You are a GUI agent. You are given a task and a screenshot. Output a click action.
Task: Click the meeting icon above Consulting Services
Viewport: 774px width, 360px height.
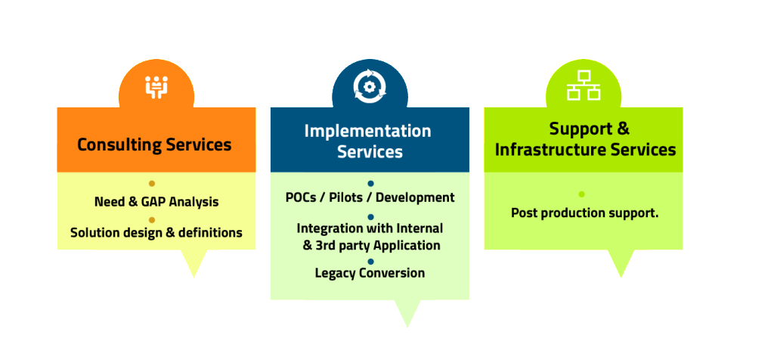[x=156, y=87]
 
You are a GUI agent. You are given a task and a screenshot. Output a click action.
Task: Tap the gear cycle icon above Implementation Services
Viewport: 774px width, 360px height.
[x=370, y=86]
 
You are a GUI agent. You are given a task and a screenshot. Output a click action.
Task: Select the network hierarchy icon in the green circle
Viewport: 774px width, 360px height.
[x=584, y=85]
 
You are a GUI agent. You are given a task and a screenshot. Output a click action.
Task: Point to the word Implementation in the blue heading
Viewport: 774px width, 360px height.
[x=368, y=131]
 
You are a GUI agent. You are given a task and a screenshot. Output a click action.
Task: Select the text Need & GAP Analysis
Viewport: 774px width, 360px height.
[x=156, y=202]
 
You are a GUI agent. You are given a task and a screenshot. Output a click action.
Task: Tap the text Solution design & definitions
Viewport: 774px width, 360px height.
[x=156, y=232]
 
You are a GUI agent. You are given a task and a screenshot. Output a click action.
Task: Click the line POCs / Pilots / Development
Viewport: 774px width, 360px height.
[x=370, y=197]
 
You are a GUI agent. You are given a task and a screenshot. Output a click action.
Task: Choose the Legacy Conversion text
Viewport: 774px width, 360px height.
[x=370, y=272]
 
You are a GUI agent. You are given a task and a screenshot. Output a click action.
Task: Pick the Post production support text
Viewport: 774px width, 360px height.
[x=585, y=213]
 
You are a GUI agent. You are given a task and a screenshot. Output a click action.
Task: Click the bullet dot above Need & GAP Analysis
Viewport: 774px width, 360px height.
[x=152, y=184]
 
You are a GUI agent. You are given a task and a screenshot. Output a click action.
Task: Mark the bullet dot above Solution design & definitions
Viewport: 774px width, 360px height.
[x=152, y=220]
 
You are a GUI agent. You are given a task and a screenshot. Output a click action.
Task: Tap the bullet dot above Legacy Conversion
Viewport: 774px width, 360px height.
[x=370, y=261]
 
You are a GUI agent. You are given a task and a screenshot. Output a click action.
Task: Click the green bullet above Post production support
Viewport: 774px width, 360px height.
[x=581, y=194]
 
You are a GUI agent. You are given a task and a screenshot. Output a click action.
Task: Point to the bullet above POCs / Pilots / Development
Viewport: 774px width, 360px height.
[x=370, y=184]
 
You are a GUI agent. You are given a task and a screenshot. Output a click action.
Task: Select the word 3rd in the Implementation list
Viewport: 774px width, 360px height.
[x=325, y=245]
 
